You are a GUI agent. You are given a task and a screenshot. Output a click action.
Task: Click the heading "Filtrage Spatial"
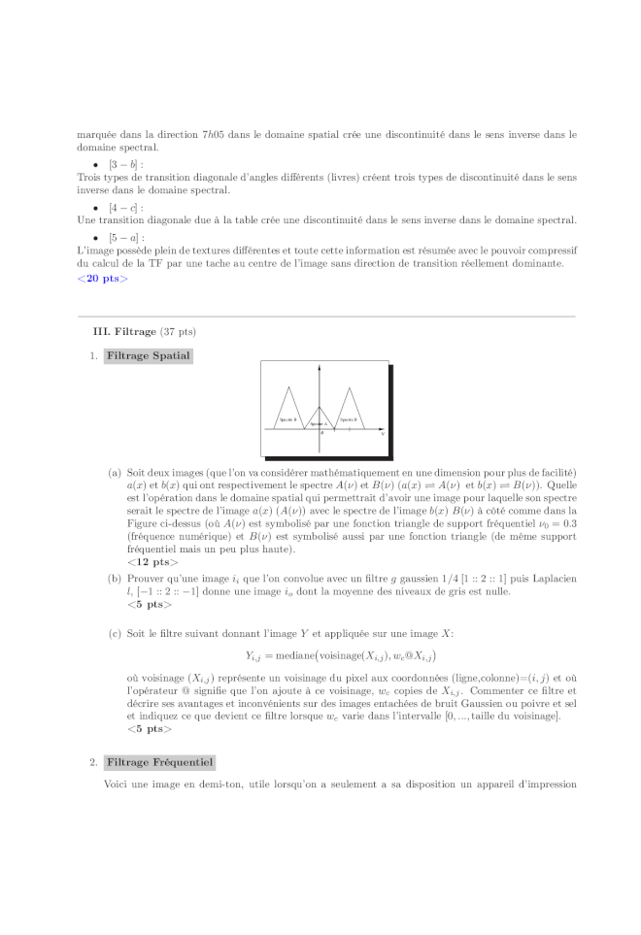[149, 356]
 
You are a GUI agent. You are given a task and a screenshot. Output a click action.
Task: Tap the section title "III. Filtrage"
[124, 332]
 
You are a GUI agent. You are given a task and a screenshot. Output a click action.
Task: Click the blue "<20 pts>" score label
[102, 279]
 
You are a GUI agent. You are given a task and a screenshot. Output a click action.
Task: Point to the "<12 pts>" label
[152, 561]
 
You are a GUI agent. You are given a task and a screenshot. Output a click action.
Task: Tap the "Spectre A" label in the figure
[320, 424]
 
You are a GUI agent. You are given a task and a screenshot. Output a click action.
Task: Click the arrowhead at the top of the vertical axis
[321, 364]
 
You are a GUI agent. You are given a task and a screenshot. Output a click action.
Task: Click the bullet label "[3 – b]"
[125, 165]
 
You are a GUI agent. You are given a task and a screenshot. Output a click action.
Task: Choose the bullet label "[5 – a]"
[125, 237]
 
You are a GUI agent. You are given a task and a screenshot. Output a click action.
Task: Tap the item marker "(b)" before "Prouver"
[115, 579]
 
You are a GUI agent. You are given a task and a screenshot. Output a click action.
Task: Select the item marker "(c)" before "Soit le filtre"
[115, 634]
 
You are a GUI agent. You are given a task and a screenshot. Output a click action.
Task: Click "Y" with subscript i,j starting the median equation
[253, 656]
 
